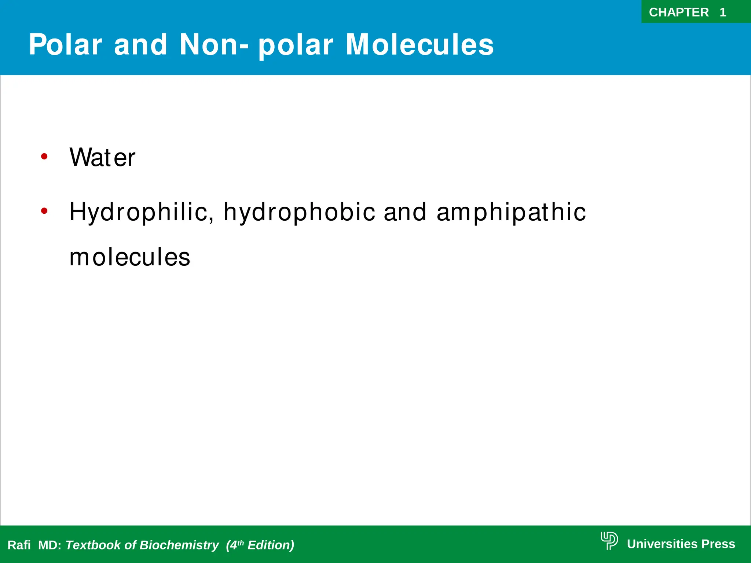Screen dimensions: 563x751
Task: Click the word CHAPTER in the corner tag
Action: point(678,12)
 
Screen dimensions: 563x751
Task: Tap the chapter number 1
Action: point(723,12)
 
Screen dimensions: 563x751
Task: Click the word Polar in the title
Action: point(65,45)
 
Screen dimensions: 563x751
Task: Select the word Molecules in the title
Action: point(420,45)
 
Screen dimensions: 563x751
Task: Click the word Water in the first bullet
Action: point(102,157)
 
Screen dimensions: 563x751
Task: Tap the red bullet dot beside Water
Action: point(44,157)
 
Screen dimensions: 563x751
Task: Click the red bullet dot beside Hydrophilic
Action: point(44,211)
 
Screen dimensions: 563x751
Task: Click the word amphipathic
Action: point(511,212)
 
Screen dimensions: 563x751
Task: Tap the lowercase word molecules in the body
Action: point(130,257)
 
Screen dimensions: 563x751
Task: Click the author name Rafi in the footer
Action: point(19,545)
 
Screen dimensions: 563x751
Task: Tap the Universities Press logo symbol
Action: point(609,541)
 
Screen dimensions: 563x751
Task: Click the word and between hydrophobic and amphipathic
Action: point(405,212)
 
